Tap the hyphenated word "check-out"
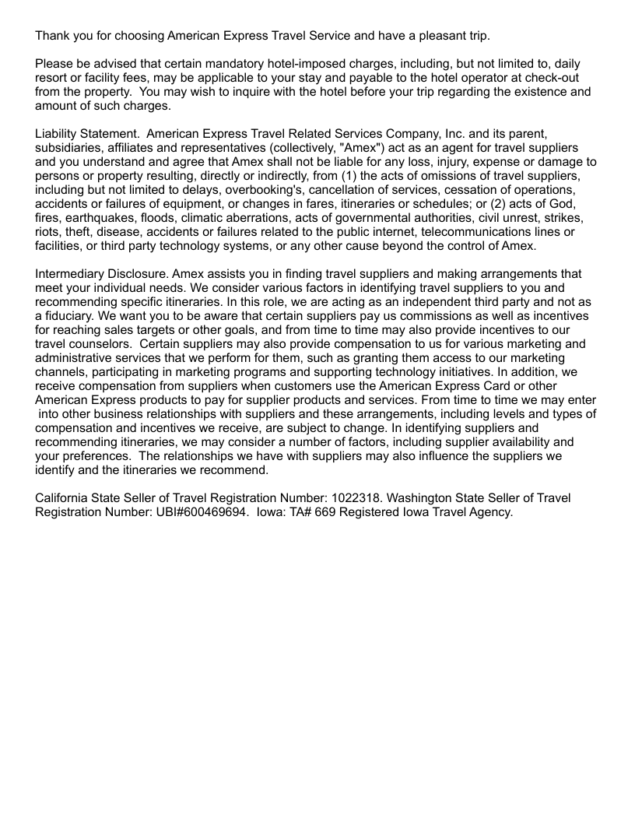click(567, 78)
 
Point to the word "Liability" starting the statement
click(60, 134)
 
